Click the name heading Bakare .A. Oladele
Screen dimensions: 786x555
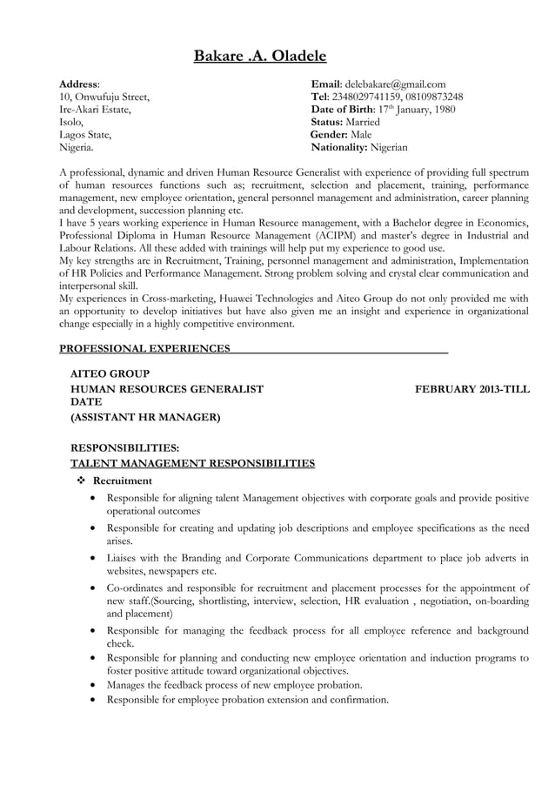coord(259,57)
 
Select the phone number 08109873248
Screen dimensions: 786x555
coord(431,97)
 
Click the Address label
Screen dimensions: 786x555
coord(77,84)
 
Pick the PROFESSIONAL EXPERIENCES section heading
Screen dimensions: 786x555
coord(144,349)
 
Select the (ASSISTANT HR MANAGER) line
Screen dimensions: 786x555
coord(144,418)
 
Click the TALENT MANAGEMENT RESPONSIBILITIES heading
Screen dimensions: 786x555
coord(192,463)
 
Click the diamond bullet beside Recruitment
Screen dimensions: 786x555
coord(80,480)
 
